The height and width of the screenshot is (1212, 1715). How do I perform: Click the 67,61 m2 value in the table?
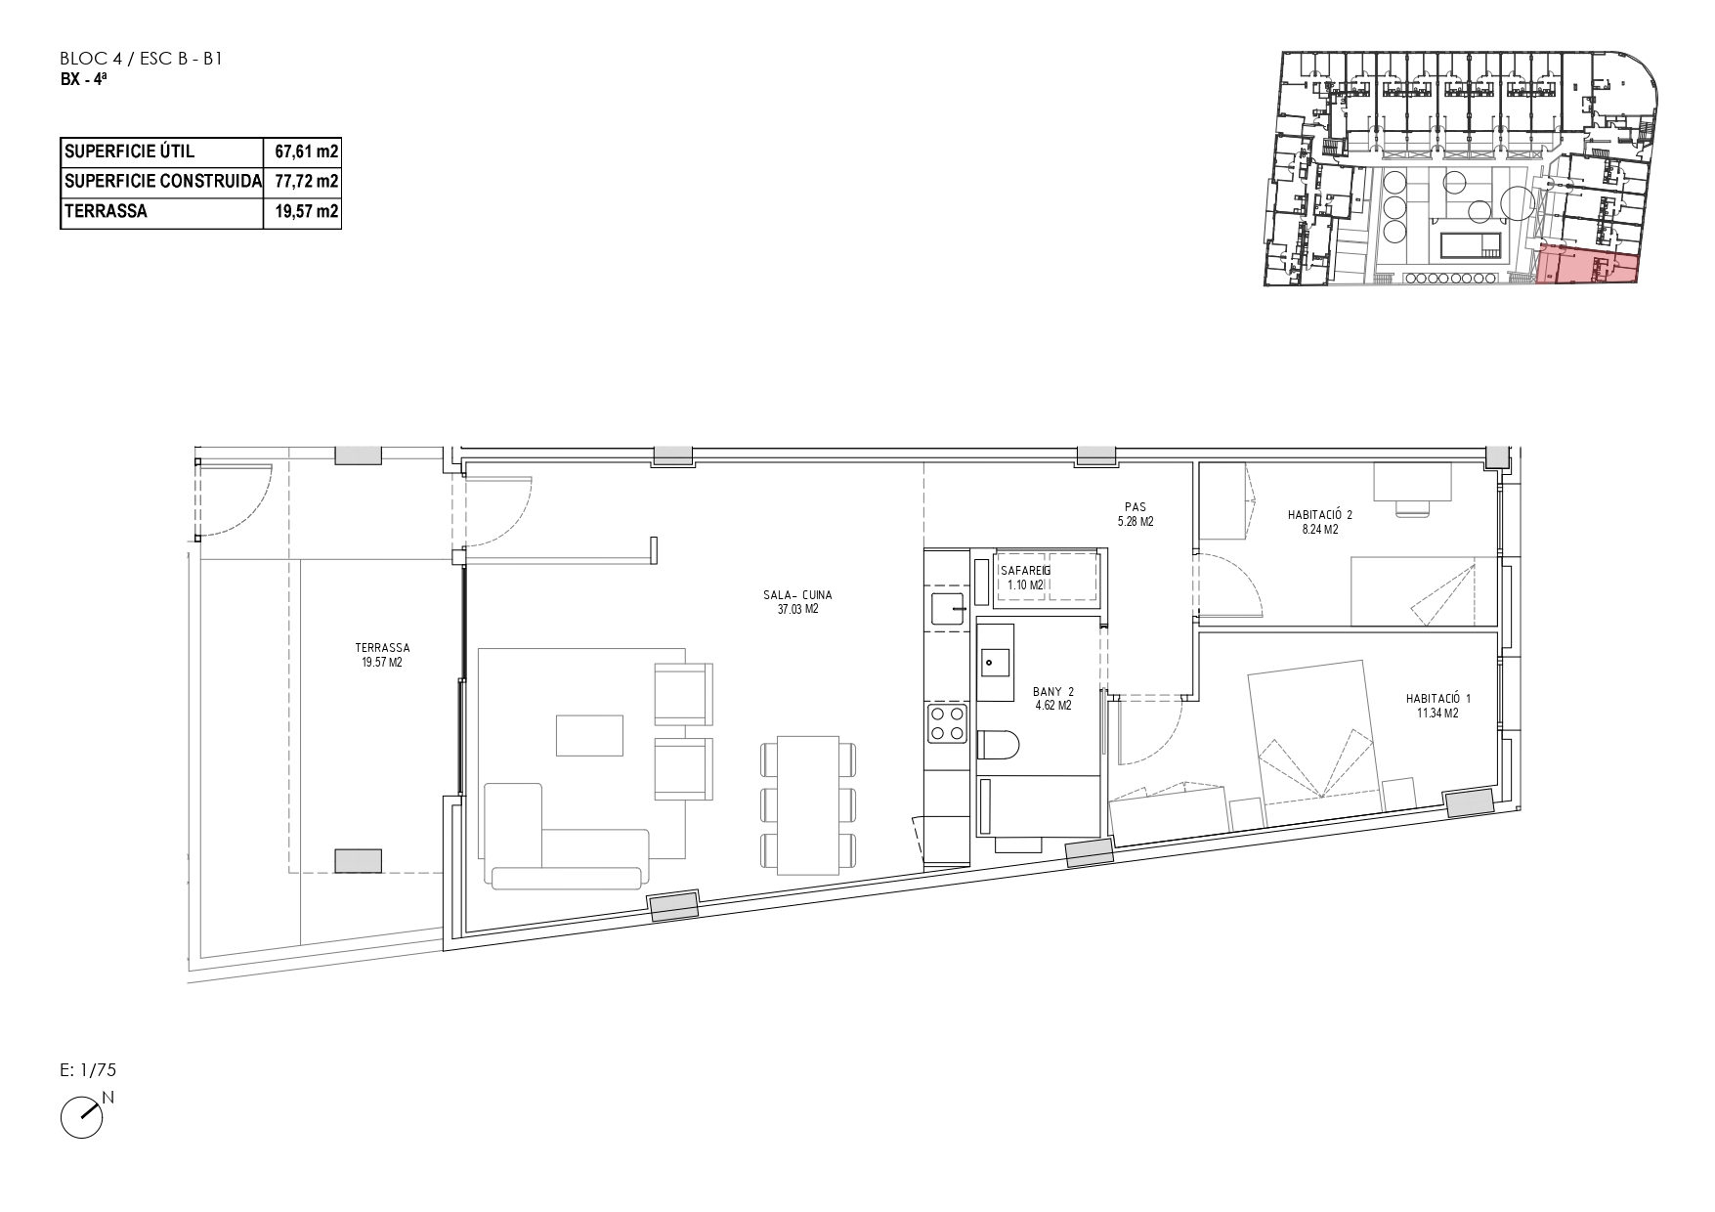click(307, 151)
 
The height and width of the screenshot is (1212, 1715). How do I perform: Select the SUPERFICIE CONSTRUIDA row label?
click(162, 181)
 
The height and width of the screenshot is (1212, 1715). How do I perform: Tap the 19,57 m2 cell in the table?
click(307, 210)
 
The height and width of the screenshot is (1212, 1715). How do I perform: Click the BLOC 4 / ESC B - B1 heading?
click(143, 60)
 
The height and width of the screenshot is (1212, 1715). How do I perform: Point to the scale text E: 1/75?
click(88, 1070)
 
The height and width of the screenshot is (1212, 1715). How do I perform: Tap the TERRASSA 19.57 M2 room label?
click(382, 655)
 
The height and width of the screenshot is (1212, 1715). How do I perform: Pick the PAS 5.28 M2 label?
click(1135, 514)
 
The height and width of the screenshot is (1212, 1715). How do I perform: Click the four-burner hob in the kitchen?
click(947, 723)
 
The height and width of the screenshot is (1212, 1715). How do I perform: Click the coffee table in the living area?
click(589, 735)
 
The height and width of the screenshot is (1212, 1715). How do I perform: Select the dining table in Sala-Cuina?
click(808, 805)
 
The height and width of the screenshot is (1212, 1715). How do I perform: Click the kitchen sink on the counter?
click(947, 608)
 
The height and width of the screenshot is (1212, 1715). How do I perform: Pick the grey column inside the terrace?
click(359, 860)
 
